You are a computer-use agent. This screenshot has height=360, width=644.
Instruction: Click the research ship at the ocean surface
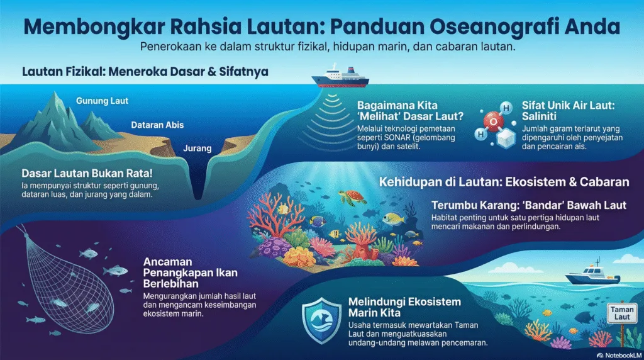(x=340, y=78)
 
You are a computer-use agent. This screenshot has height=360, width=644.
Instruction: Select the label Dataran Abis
(x=157, y=125)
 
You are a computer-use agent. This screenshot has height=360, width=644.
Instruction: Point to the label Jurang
(x=196, y=149)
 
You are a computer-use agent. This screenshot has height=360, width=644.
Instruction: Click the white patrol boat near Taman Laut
(x=584, y=276)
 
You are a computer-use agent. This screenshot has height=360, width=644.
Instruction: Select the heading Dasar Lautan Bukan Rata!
(x=86, y=173)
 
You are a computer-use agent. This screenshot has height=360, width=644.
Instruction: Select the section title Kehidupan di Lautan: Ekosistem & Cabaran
(x=504, y=183)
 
